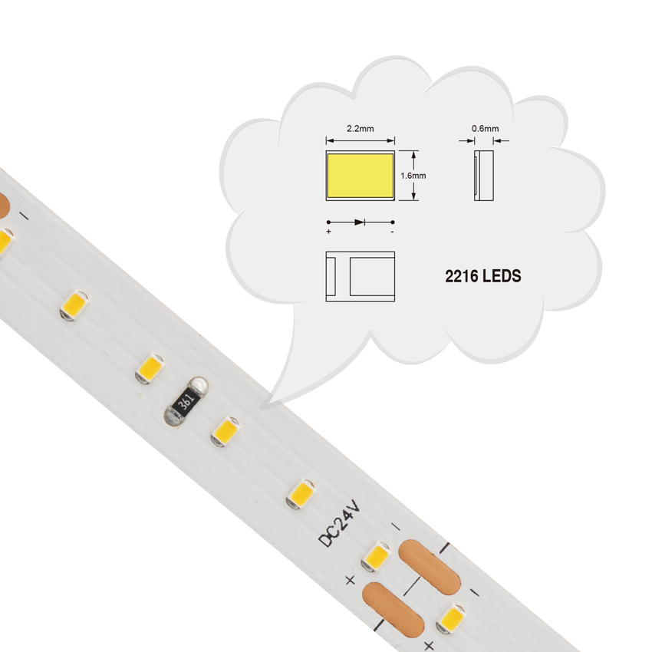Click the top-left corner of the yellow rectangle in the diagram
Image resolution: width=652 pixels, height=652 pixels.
(328, 154)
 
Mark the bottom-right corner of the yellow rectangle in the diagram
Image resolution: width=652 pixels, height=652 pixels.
(394, 197)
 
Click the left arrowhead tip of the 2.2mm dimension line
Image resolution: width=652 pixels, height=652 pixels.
(326, 141)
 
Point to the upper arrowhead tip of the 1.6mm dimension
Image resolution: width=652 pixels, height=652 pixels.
(413, 151)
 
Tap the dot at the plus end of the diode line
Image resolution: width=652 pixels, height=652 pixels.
(328, 222)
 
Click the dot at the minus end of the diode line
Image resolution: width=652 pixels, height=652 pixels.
(393, 222)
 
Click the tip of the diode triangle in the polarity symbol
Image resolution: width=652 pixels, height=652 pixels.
(364, 222)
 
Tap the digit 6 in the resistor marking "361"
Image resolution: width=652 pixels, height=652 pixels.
(186, 401)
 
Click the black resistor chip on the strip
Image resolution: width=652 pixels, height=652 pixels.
(186, 402)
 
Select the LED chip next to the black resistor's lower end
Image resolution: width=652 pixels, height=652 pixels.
(225, 432)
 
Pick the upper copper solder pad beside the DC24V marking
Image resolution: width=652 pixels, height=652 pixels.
(429, 567)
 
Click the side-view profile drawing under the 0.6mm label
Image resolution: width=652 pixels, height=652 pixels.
(483, 176)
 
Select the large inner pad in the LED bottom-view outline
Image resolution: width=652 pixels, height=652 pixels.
(372, 276)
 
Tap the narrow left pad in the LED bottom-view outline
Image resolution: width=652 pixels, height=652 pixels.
(331, 276)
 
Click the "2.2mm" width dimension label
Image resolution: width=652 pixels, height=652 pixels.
(360, 129)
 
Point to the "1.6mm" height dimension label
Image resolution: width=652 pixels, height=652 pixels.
(413, 176)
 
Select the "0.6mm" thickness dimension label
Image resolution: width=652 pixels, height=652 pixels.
(486, 129)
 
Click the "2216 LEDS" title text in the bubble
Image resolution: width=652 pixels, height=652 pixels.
(483, 276)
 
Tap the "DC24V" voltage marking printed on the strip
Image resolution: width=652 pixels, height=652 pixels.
(340, 522)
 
